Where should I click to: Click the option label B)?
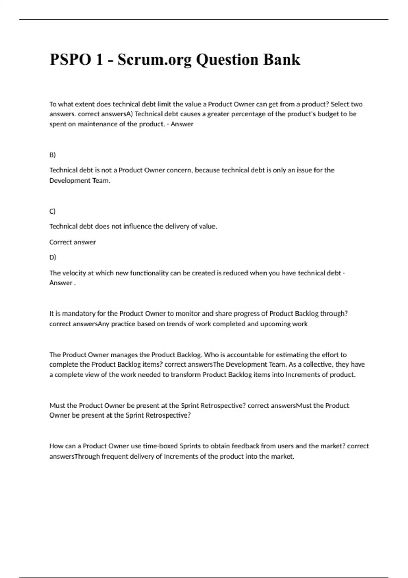click(52, 155)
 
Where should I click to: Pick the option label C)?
click(52, 211)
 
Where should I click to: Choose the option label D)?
click(53, 257)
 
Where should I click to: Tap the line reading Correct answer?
click(72, 242)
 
